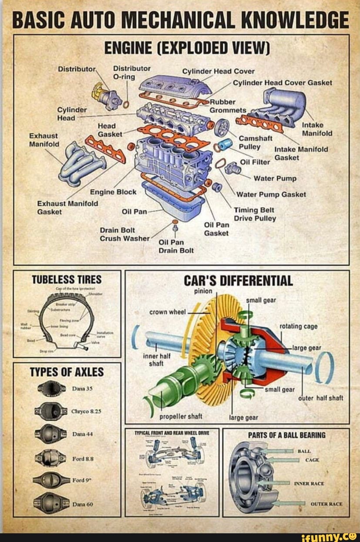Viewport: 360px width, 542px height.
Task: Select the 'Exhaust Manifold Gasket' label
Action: point(67,207)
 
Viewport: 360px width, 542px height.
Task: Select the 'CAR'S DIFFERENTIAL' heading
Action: point(237,280)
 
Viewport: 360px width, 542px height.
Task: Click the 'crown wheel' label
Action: point(168,311)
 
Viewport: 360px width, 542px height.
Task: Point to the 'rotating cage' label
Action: point(298,326)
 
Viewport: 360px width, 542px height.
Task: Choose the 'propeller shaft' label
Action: point(181,416)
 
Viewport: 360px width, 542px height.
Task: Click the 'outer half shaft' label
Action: point(321,398)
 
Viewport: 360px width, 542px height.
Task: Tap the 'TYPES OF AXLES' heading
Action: point(67,372)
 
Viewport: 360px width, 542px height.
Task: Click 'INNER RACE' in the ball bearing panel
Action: point(309,483)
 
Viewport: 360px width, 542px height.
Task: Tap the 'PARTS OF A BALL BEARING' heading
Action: point(286,435)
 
